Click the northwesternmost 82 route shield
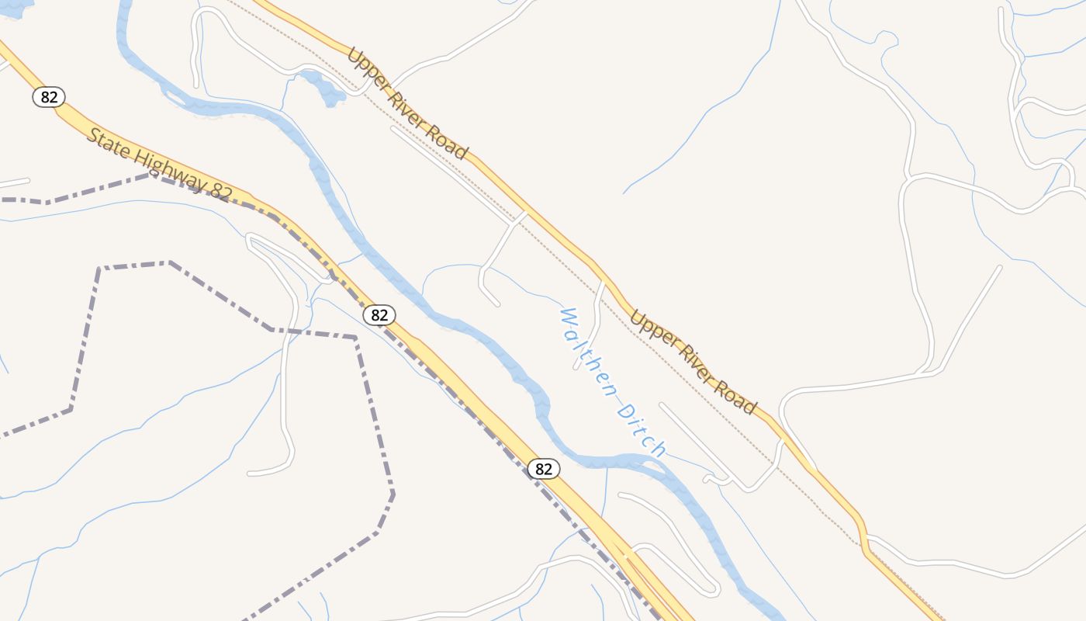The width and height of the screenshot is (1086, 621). coord(49,97)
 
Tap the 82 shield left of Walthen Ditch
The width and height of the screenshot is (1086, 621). coord(379,314)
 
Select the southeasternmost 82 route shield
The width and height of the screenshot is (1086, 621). coord(544,469)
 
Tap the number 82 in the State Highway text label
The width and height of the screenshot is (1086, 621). coord(220,190)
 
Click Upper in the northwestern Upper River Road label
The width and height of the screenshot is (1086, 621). coord(365,67)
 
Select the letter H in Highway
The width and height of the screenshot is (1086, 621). coord(140,156)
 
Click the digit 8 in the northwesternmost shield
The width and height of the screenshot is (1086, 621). coord(44,97)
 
